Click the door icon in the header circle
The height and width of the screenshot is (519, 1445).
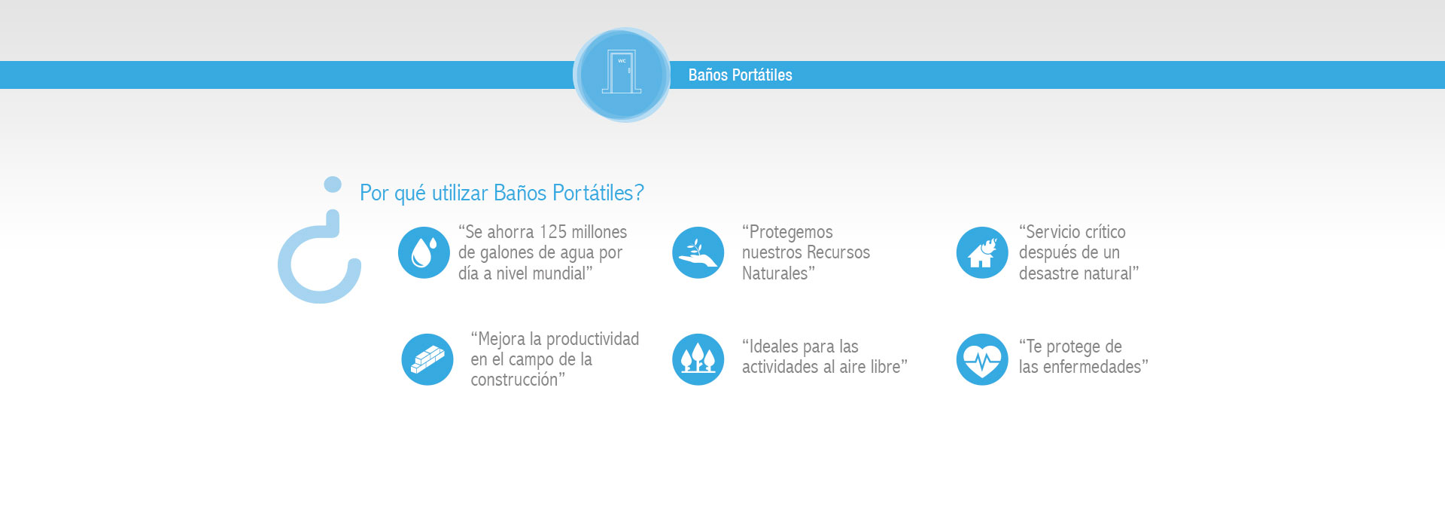[622, 72]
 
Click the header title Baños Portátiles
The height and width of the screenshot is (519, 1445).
[740, 75]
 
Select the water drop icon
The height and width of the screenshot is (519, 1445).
[424, 252]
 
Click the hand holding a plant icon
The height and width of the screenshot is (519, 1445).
[698, 252]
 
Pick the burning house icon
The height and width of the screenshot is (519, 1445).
[981, 252]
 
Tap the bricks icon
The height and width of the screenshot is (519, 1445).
[427, 359]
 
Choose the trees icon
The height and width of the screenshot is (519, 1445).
[698, 359]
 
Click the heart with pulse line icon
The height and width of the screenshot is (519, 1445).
[981, 359]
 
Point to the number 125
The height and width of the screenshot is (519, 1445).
[552, 232]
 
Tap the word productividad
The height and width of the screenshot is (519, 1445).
[592, 339]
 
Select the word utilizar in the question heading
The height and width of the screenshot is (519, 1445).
[460, 193]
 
